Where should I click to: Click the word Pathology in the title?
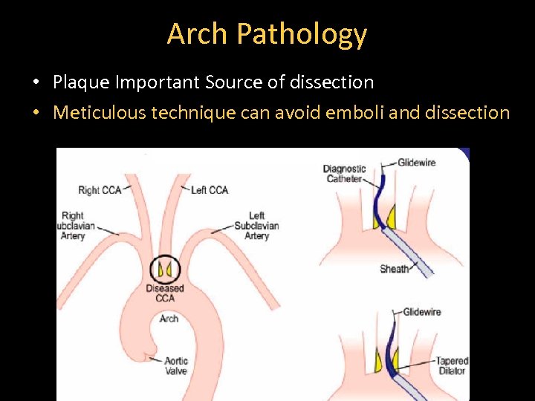[x=301, y=34]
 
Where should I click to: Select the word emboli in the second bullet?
[x=356, y=112]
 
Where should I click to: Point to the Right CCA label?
[x=99, y=189]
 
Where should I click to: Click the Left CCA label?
[x=210, y=189]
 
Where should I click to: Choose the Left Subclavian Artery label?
[x=256, y=226]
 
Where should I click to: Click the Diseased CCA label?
[x=164, y=293]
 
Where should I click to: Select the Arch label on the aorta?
[x=169, y=319]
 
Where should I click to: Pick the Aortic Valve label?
[x=177, y=365]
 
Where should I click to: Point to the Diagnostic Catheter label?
[x=344, y=173]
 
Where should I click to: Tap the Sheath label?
[x=394, y=269]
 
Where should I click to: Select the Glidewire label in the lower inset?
[x=422, y=312]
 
